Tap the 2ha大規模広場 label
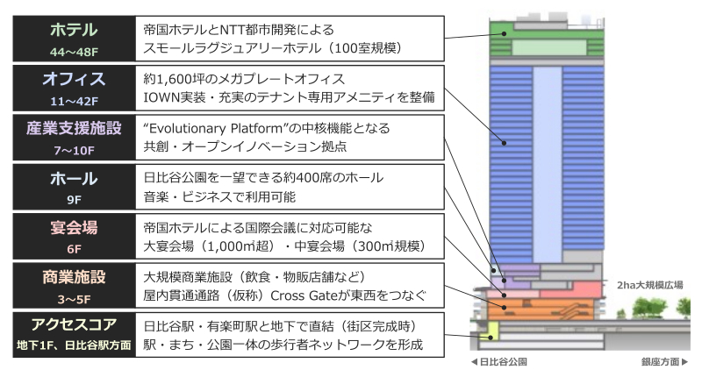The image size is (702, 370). pos(648,284)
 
